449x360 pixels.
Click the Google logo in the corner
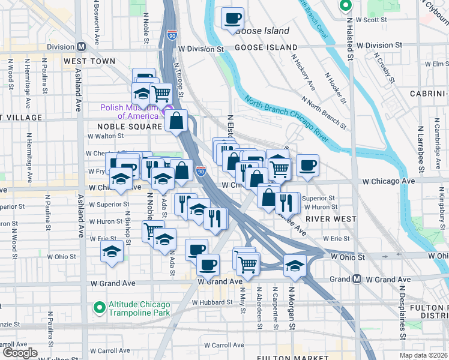click(x=20, y=352)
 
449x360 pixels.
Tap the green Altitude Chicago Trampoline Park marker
click(x=98, y=308)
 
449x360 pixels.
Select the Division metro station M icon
click(x=81, y=47)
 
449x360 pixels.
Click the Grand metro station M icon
click(x=357, y=279)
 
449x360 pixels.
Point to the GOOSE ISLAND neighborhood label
click(x=265, y=47)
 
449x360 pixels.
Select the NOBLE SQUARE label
click(x=130, y=127)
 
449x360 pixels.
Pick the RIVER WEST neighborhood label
click(x=331, y=219)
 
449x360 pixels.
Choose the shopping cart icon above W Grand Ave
click(x=247, y=262)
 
